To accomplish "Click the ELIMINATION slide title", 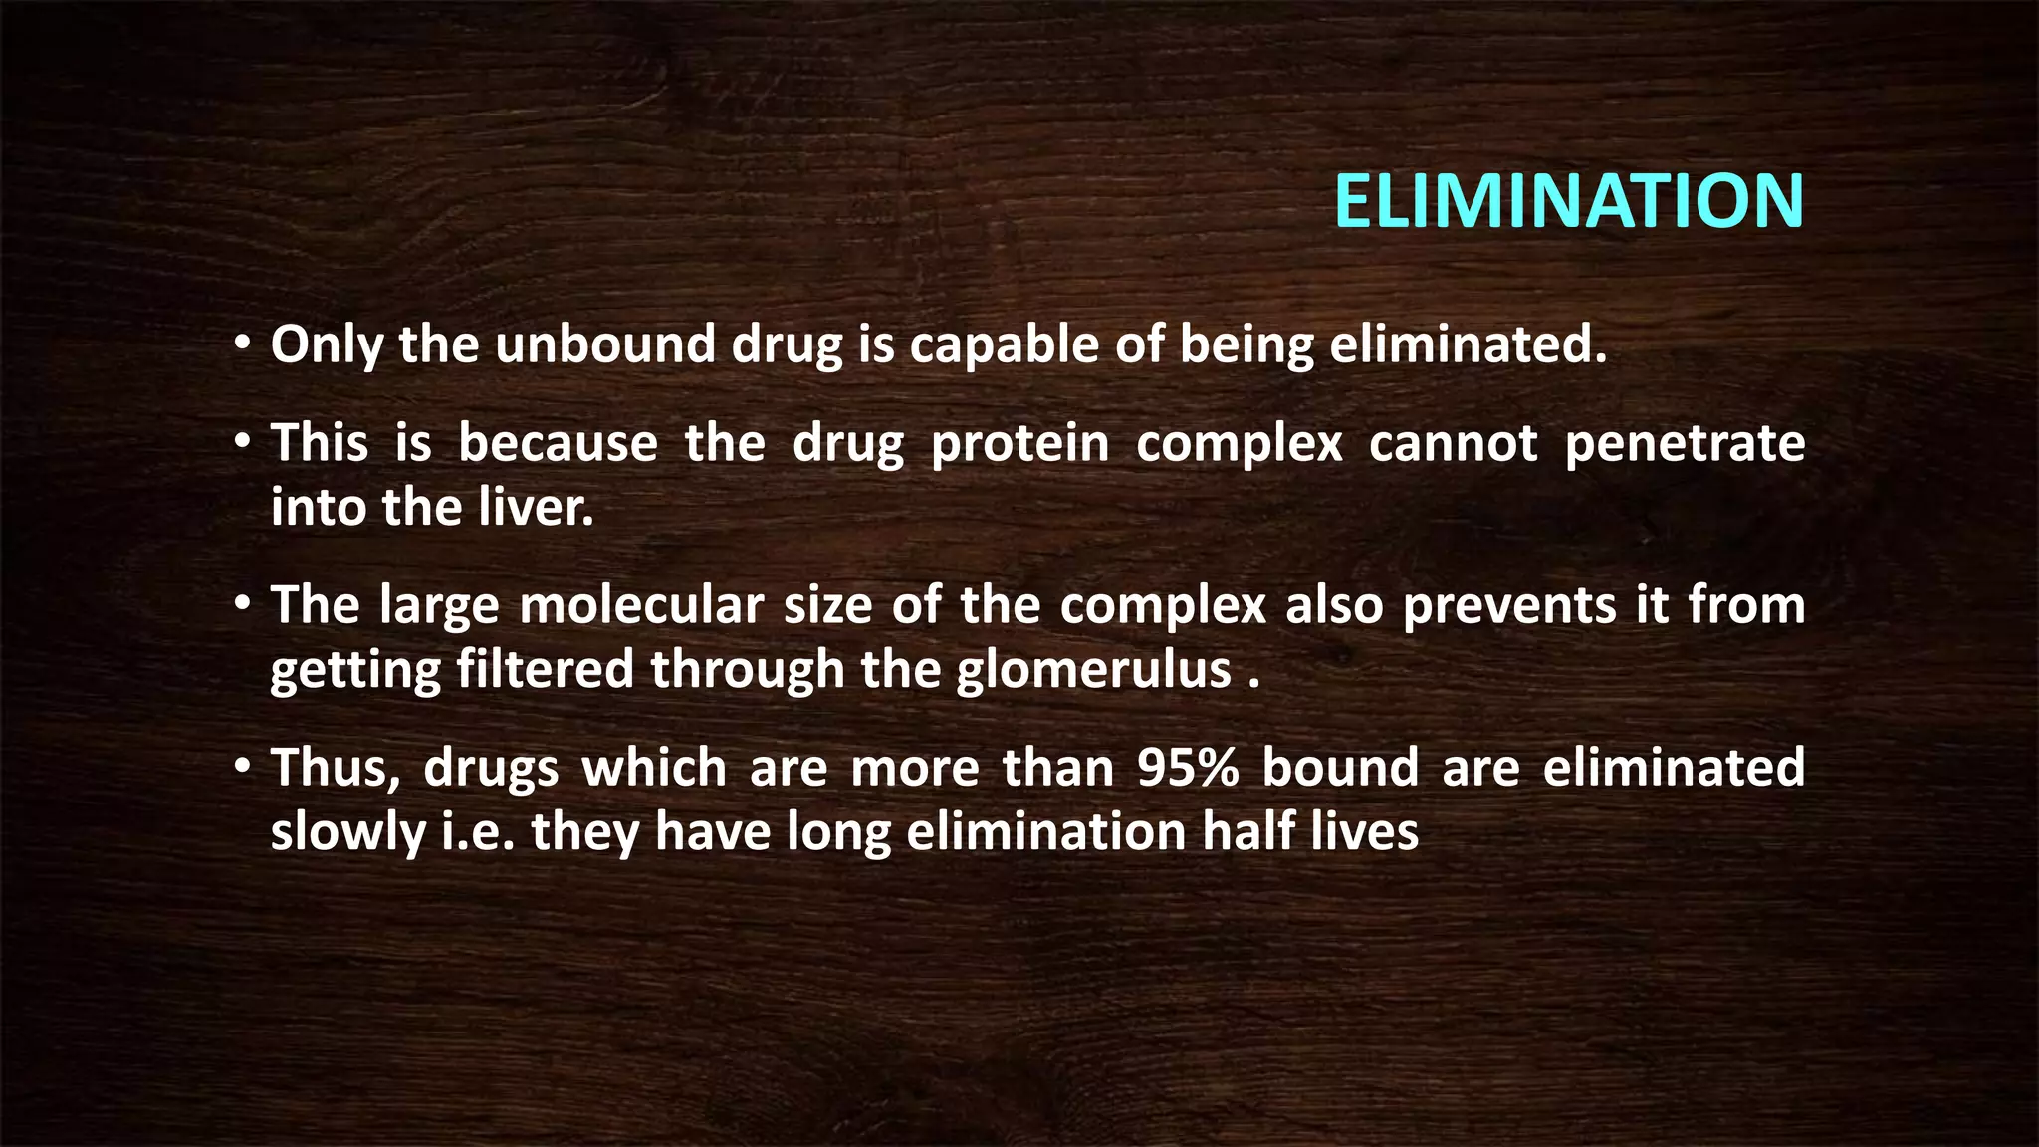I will [1568, 201].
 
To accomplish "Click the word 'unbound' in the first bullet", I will [605, 344].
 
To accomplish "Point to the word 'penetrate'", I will [1685, 442].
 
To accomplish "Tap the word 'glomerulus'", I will [1094, 669].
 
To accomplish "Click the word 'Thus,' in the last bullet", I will [336, 768].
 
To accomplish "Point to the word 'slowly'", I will [347, 832].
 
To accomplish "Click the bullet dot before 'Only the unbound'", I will [242, 345].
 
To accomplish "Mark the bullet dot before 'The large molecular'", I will [242, 605].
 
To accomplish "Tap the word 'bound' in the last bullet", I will [1340, 768].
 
